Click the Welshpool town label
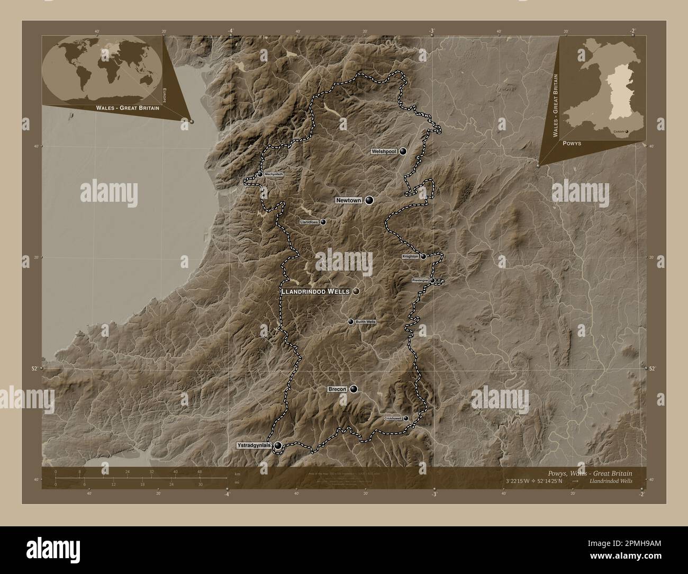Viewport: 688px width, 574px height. click(x=384, y=151)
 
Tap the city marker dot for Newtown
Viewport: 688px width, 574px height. click(x=369, y=200)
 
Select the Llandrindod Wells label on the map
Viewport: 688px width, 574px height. click(x=315, y=291)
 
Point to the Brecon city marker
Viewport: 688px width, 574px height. click(x=353, y=389)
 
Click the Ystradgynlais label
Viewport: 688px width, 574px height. click(x=254, y=446)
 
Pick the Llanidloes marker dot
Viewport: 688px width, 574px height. click(x=323, y=222)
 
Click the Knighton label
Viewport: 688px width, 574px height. click(x=410, y=256)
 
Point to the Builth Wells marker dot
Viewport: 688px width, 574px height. click(x=350, y=321)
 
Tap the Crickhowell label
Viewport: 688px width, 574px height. click(x=393, y=418)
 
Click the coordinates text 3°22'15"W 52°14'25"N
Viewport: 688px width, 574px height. click(x=535, y=481)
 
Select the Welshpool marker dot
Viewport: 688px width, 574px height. click(x=403, y=151)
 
